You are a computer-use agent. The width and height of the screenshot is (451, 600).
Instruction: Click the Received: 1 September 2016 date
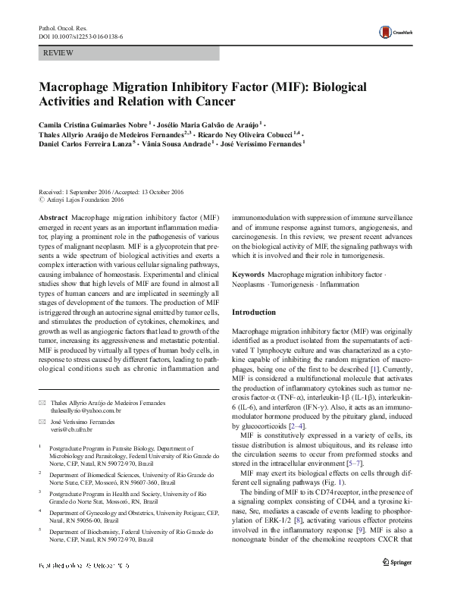[x=70, y=193]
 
